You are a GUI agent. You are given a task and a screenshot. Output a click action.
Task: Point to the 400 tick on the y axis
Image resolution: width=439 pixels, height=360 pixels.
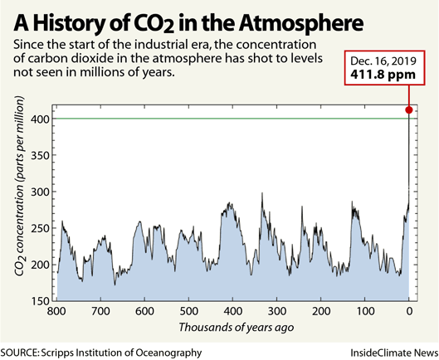click(x=39, y=119)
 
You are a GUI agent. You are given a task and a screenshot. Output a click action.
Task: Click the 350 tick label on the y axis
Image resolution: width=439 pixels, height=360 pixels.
click(x=39, y=155)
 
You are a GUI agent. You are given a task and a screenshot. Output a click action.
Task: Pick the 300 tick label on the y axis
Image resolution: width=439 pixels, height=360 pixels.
click(x=39, y=192)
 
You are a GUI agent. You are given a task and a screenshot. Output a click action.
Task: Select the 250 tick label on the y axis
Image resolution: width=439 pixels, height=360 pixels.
click(x=39, y=227)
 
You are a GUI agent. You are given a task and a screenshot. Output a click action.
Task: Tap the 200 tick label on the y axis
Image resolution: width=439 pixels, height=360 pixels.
click(x=39, y=264)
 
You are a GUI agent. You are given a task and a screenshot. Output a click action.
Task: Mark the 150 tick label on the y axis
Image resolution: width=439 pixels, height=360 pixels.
click(x=39, y=299)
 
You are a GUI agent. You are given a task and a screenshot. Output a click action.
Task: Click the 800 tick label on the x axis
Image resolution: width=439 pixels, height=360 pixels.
click(x=57, y=312)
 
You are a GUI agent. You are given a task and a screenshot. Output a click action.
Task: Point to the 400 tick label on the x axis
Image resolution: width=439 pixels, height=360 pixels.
click(x=233, y=312)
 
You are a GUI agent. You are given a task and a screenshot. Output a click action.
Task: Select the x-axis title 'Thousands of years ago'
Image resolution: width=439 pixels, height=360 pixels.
click(x=232, y=328)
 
